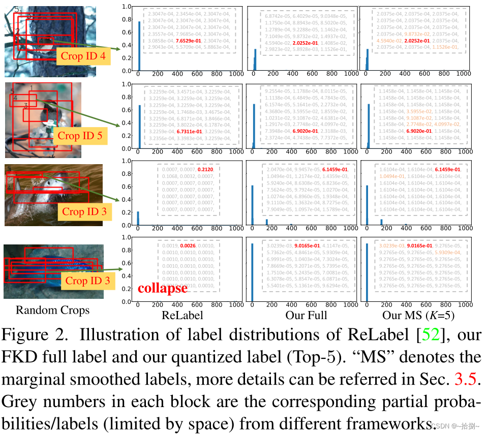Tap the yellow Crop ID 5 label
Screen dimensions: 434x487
click(80, 136)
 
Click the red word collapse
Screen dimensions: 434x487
click(162, 288)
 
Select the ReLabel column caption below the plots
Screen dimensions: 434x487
click(182, 315)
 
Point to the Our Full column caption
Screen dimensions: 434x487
click(306, 315)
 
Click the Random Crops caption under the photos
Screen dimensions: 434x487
click(52, 310)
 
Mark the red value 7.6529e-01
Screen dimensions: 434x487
click(191, 40)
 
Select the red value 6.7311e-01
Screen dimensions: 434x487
click(191, 131)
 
